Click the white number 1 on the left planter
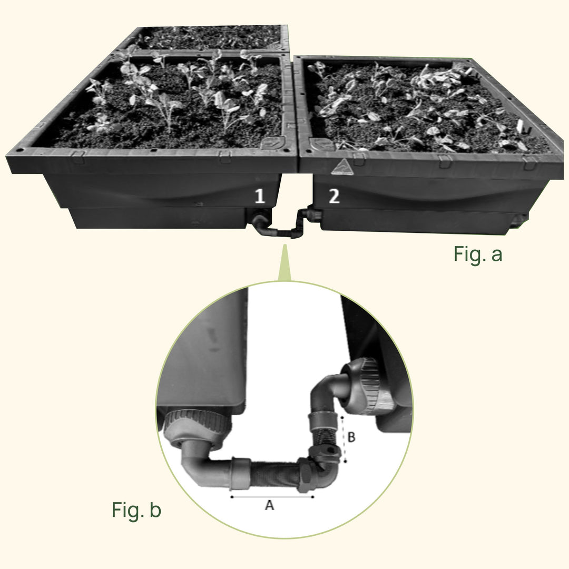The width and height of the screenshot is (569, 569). click(259, 197)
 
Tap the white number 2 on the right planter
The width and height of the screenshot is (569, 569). click(334, 197)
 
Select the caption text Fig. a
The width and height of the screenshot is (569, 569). click(478, 254)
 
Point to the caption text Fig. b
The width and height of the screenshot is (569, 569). click(136, 510)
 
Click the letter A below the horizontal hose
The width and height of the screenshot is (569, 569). click(269, 505)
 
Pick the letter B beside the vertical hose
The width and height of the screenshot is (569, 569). click(352, 437)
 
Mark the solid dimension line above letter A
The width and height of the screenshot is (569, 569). click(272, 496)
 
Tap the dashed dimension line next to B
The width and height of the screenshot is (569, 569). click(344, 439)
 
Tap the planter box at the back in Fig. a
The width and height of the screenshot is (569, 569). click(205, 38)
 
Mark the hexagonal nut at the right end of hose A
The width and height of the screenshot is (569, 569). click(305, 474)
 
